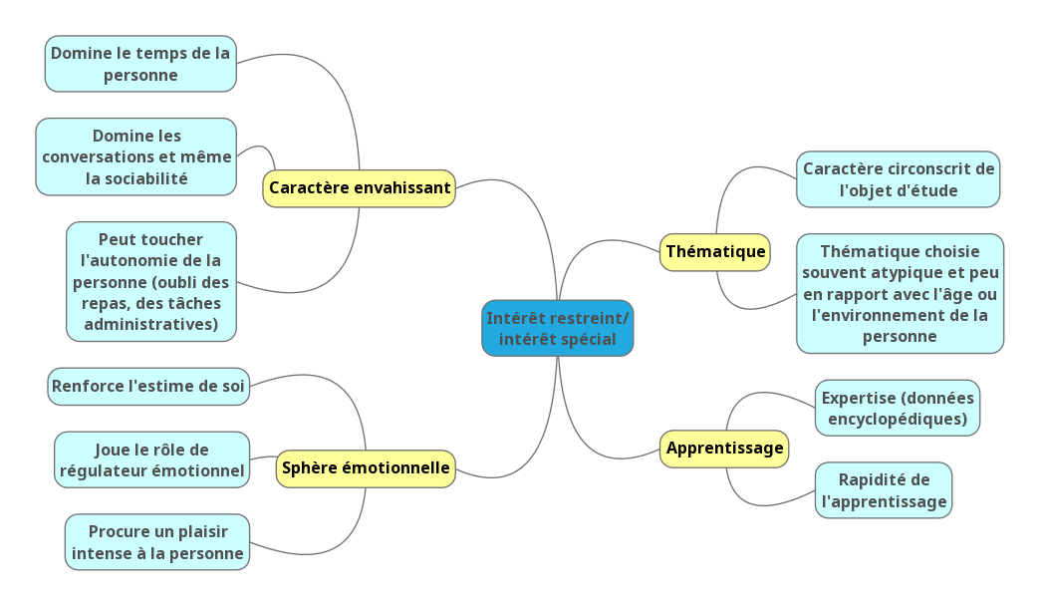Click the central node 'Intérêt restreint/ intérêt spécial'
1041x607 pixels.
(x=557, y=328)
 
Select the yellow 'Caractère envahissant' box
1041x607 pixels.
(x=359, y=187)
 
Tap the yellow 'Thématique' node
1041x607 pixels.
(x=715, y=251)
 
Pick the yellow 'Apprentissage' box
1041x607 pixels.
(x=724, y=449)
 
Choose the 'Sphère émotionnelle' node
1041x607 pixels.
(x=366, y=467)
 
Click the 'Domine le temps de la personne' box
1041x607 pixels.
(x=140, y=64)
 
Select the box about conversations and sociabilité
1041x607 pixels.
(x=136, y=156)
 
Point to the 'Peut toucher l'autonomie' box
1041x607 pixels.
(x=151, y=281)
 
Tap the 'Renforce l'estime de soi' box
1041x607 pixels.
(x=147, y=386)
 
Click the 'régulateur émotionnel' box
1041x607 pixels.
(x=152, y=459)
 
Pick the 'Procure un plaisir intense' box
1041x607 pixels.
(x=157, y=542)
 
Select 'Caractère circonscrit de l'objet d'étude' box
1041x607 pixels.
(x=899, y=179)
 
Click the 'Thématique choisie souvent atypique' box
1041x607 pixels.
(x=901, y=293)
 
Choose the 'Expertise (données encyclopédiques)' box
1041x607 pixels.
(x=898, y=408)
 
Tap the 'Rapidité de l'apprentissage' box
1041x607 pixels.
(x=884, y=490)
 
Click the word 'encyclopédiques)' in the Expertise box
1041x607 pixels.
(x=895, y=419)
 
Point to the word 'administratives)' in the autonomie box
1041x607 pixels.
(x=151, y=325)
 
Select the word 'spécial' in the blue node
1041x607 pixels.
(x=587, y=339)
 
